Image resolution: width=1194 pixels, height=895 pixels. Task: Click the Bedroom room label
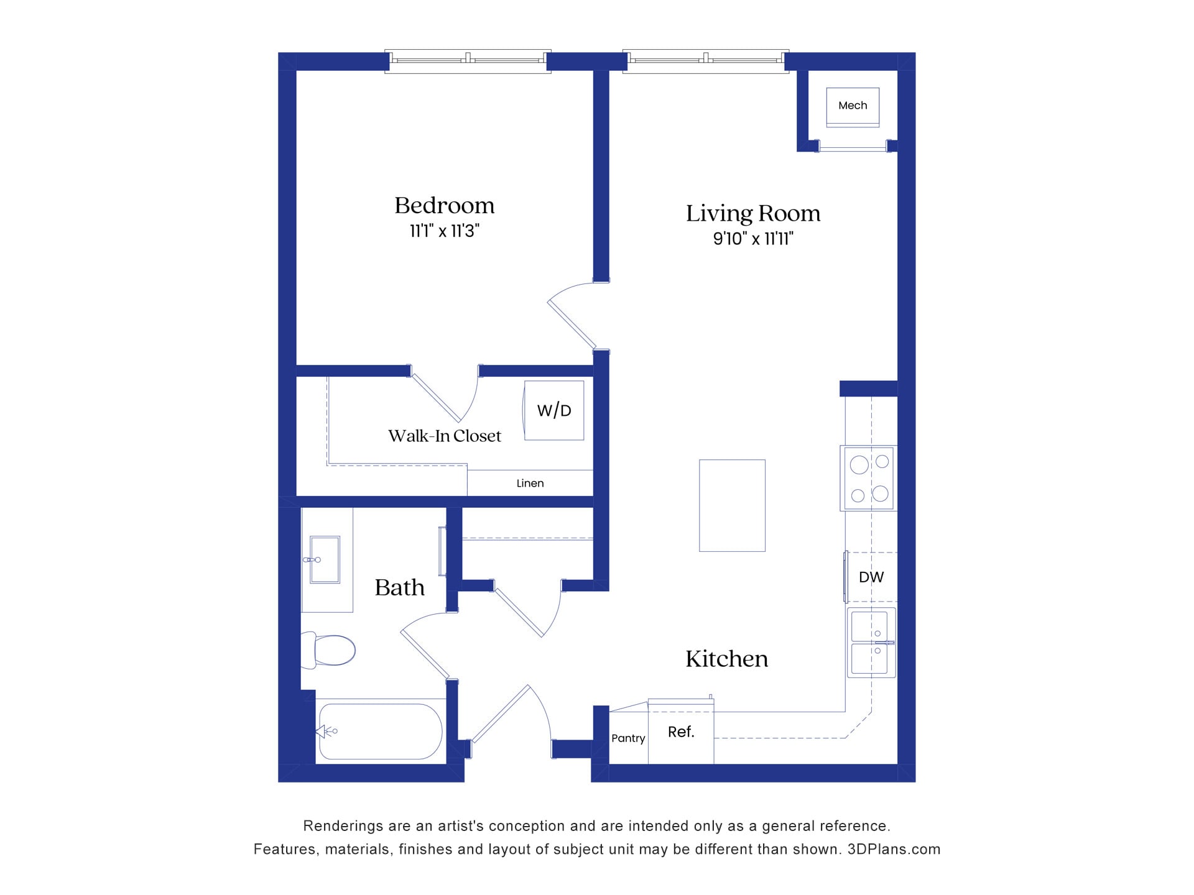(x=444, y=206)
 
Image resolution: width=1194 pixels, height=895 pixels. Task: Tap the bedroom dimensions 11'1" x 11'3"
(x=444, y=231)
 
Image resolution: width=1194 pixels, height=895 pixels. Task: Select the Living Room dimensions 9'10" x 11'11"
(x=753, y=239)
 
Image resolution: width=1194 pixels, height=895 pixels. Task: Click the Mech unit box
(x=853, y=106)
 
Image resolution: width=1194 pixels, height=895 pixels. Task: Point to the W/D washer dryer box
(x=553, y=410)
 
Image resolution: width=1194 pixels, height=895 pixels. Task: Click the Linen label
(x=530, y=484)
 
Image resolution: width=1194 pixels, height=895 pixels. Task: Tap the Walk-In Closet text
(x=444, y=436)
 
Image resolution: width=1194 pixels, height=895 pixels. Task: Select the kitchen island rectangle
(x=732, y=505)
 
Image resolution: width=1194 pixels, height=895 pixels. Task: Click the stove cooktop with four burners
(x=869, y=479)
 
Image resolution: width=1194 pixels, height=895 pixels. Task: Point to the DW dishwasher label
(x=871, y=577)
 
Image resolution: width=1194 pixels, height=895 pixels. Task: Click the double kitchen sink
(x=871, y=643)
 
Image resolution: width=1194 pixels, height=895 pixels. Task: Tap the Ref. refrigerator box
(x=681, y=733)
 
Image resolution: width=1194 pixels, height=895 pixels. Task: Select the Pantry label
(x=628, y=738)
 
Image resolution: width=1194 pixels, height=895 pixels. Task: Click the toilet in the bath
(x=330, y=650)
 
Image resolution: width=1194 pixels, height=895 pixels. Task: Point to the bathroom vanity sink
(x=325, y=559)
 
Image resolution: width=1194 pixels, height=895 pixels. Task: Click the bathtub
(x=380, y=732)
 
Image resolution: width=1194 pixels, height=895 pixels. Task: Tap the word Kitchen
(x=726, y=659)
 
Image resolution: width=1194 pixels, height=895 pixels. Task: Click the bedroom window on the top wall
(x=468, y=61)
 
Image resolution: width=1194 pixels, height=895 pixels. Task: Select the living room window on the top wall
(x=706, y=61)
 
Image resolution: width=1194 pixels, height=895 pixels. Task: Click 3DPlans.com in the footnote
(x=894, y=850)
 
